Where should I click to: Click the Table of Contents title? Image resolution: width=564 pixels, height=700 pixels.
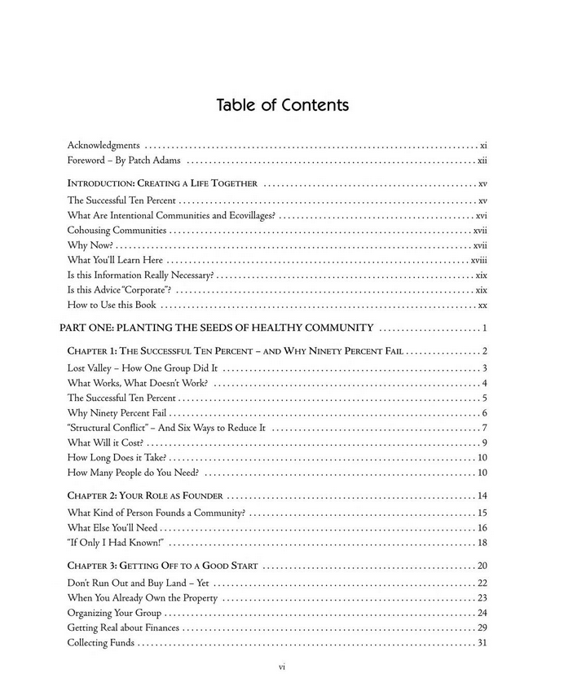click(x=282, y=106)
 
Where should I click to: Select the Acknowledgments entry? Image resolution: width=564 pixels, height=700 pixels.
click(x=104, y=145)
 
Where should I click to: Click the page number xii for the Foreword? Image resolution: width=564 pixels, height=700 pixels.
click(x=482, y=161)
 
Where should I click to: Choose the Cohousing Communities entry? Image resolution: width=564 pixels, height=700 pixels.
click(x=117, y=231)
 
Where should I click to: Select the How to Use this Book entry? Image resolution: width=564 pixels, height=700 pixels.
click(x=112, y=306)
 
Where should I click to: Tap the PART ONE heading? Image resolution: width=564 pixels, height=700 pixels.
click(x=217, y=328)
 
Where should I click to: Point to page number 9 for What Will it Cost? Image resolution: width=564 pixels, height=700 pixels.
click(x=484, y=442)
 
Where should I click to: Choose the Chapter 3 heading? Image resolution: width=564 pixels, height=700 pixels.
click(x=162, y=566)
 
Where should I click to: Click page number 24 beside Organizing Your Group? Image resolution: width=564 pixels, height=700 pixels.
click(x=482, y=613)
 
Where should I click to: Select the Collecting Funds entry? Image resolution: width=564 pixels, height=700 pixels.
click(x=101, y=643)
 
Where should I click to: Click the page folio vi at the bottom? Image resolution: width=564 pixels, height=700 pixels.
click(x=281, y=667)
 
